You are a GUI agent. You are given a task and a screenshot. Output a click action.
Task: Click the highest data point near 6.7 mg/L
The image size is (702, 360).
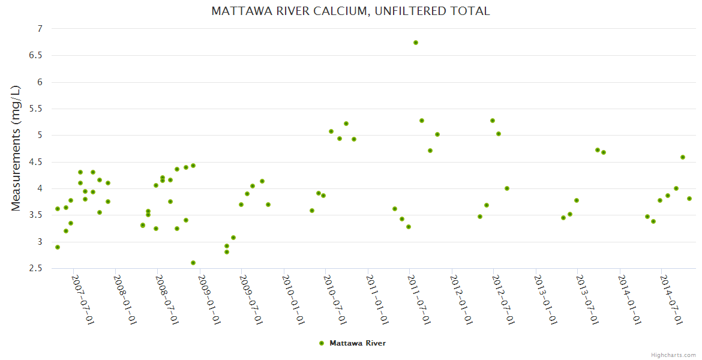click(416, 43)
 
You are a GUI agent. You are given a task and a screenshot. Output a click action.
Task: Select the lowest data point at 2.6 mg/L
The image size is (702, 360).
click(193, 263)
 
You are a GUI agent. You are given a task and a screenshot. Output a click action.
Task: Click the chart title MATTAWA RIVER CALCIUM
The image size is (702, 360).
click(350, 11)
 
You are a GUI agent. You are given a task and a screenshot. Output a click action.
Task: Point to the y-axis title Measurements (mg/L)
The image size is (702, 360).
click(16, 148)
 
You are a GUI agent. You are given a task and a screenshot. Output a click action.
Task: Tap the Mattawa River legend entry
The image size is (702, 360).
click(353, 343)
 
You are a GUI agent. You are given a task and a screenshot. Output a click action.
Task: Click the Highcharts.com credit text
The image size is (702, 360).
click(673, 355)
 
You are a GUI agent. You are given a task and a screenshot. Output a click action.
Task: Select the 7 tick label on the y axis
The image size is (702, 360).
click(40, 29)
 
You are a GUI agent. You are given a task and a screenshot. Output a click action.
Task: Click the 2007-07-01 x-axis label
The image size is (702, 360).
click(83, 299)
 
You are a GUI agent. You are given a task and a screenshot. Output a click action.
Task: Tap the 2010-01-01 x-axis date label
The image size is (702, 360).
click(293, 299)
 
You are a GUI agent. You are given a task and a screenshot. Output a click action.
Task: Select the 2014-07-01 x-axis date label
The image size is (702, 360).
click(671, 299)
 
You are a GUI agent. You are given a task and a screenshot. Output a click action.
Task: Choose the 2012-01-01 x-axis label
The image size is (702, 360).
click(461, 299)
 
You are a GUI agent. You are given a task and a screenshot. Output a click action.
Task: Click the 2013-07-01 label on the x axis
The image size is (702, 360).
click(587, 299)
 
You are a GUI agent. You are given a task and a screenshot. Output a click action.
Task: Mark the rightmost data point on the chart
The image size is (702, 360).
click(689, 199)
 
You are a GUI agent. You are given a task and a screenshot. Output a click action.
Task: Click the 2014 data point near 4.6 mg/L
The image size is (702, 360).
click(683, 157)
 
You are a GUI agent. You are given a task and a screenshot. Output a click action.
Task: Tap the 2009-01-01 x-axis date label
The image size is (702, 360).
click(209, 299)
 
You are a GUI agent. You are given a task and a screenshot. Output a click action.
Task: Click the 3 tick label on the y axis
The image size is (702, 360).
click(40, 242)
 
